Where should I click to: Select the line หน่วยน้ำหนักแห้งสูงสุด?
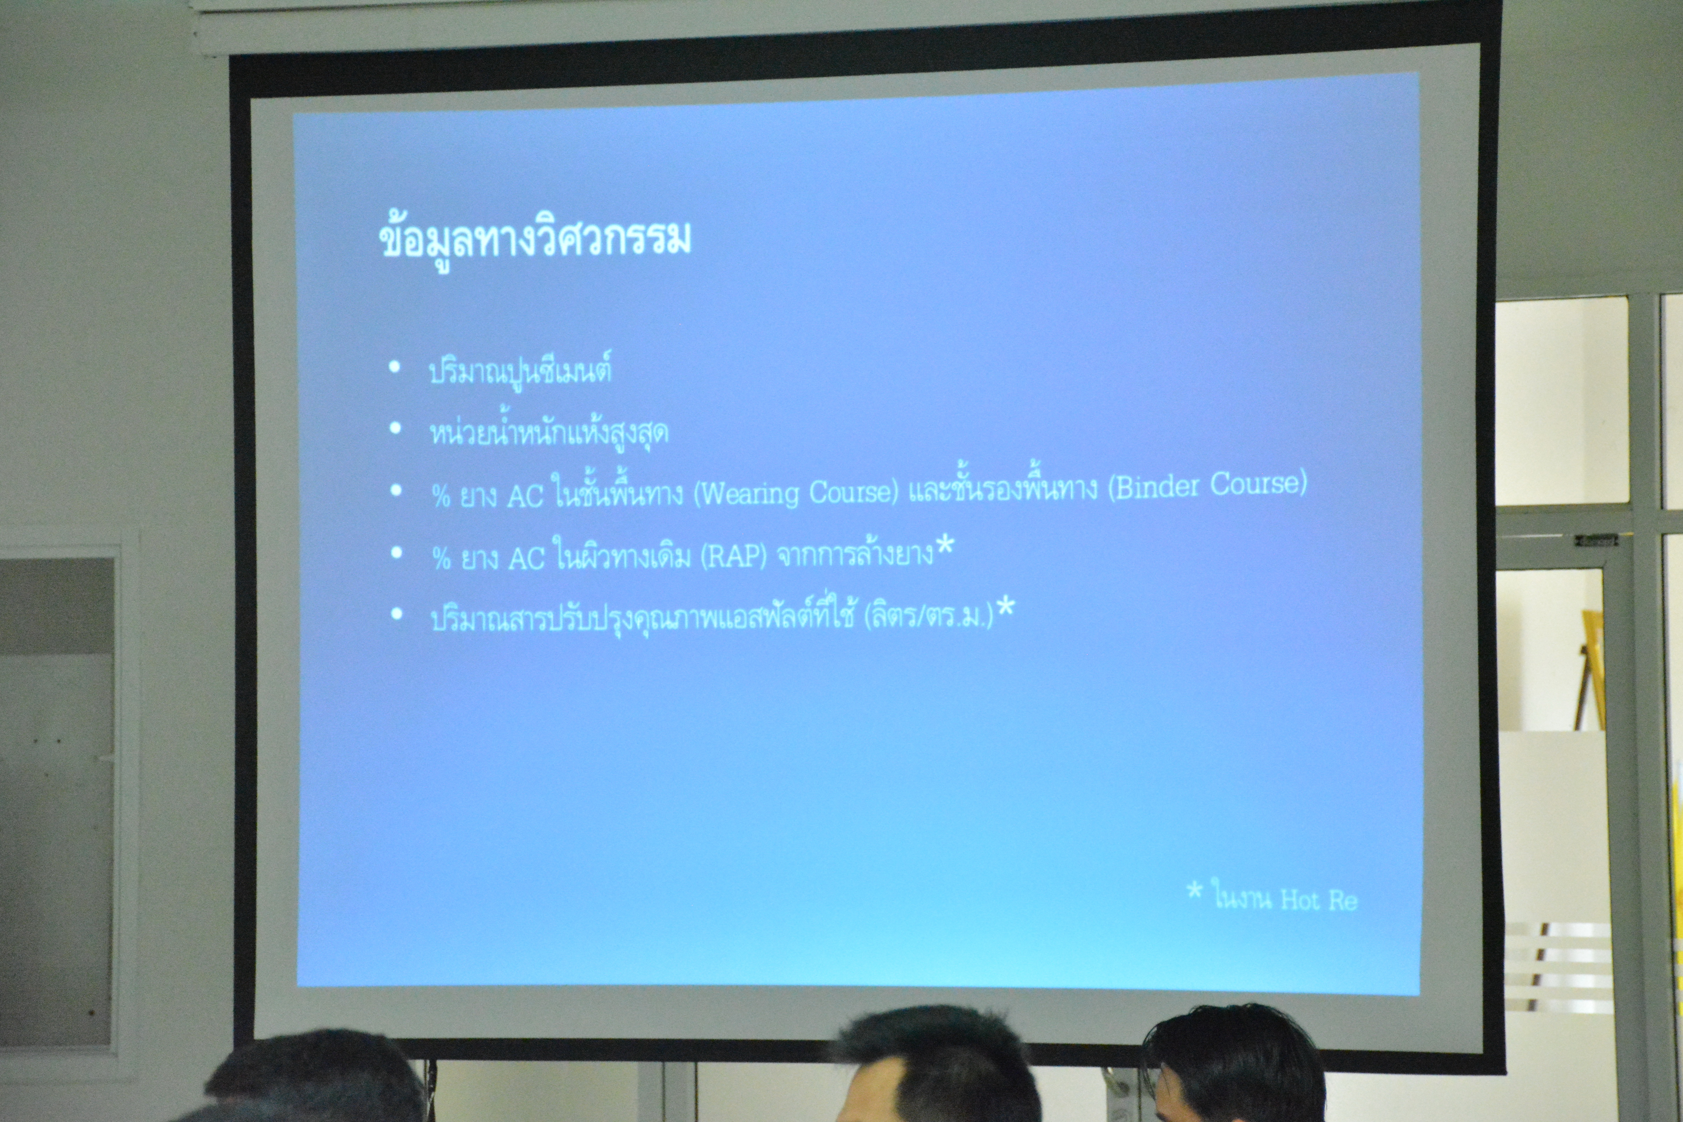(x=549, y=432)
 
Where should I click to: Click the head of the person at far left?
(x=315, y=1077)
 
